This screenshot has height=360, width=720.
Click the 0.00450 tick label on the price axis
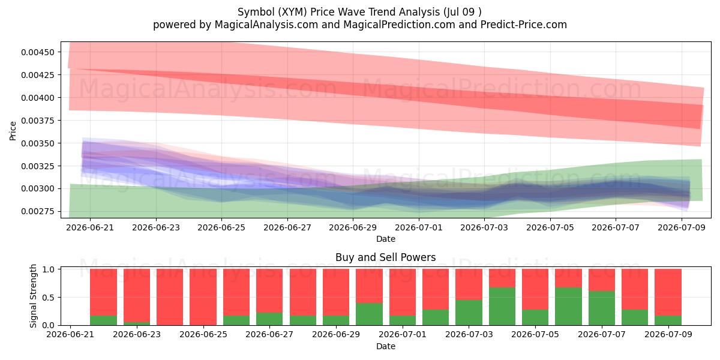[38, 52]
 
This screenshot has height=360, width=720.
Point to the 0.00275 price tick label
[38, 211]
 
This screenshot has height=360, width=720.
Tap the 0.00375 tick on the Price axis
[38, 121]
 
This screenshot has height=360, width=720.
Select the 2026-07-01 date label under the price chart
[419, 227]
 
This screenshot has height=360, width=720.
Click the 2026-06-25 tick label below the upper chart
[221, 227]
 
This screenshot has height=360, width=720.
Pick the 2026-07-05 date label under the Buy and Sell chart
[535, 334]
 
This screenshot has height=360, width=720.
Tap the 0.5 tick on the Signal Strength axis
[48, 298]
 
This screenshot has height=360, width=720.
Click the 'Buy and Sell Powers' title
[386, 257]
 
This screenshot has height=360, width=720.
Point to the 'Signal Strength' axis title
[33, 296]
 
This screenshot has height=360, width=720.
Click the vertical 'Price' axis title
[13, 131]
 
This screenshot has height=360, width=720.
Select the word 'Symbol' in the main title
[256, 12]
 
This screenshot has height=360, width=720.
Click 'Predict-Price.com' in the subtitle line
[524, 25]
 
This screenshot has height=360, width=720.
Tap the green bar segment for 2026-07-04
[502, 307]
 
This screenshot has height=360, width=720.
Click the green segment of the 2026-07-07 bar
[602, 308]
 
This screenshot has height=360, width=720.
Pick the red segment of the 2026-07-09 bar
[668, 293]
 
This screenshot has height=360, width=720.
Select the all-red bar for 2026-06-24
[170, 298]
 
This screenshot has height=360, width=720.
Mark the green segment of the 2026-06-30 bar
[370, 314]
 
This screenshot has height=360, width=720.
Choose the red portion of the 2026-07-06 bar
[568, 278]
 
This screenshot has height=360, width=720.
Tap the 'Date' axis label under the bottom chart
[386, 347]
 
